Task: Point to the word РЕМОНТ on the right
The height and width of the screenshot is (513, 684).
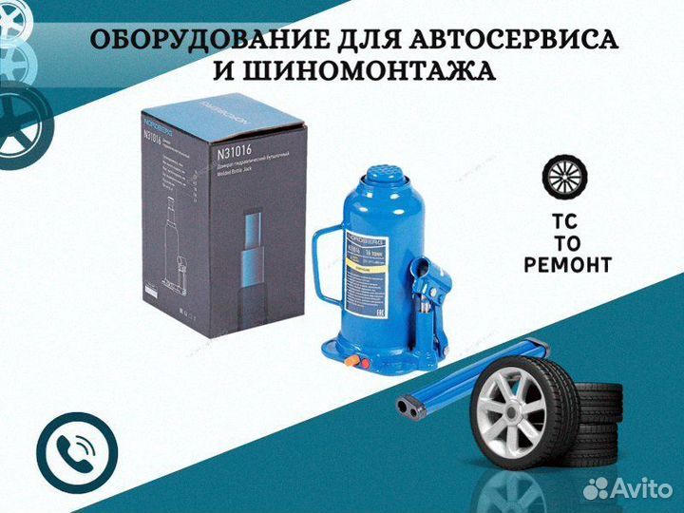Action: [567, 265]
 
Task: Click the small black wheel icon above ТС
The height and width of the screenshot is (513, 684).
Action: [566, 178]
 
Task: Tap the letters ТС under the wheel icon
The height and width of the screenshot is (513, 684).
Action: [566, 218]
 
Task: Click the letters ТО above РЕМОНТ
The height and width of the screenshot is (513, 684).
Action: [567, 241]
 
